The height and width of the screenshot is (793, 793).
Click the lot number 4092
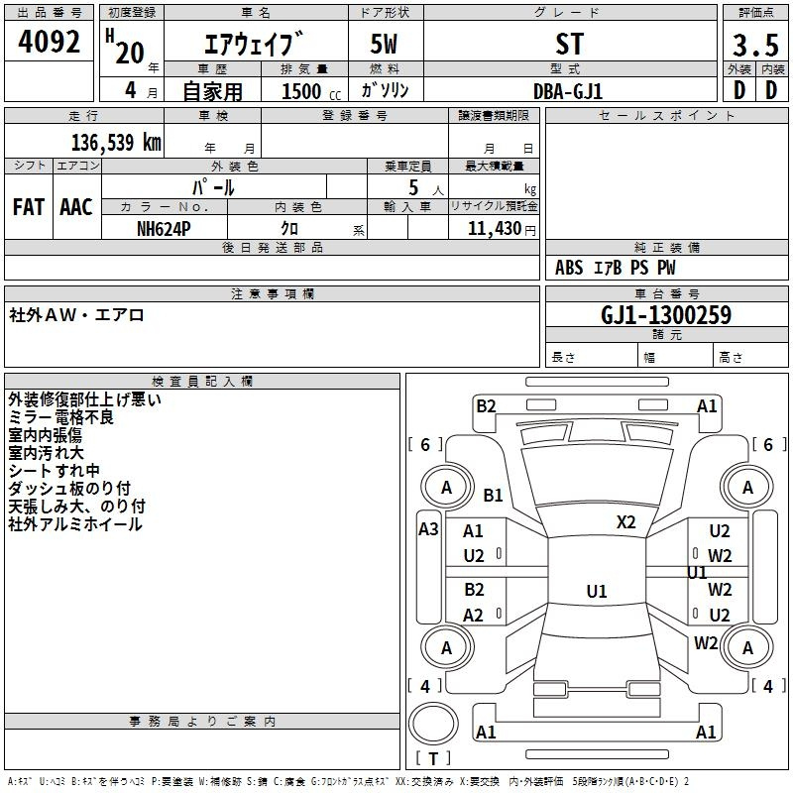(49, 42)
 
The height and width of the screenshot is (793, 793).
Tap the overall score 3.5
(755, 45)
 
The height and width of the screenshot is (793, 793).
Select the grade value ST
(569, 44)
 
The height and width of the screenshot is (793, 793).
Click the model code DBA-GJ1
(568, 91)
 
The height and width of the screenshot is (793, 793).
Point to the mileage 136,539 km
(116, 142)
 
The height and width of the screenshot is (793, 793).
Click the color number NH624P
(164, 229)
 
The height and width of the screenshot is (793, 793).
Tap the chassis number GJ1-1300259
(666, 315)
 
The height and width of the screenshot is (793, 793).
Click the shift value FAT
(29, 207)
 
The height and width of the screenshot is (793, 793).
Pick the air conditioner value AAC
(76, 207)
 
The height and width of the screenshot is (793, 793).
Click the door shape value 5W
(384, 44)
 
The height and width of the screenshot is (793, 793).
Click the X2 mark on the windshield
(626, 521)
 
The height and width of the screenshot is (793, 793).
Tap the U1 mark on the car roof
(597, 591)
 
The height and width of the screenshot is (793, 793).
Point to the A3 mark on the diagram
(428, 529)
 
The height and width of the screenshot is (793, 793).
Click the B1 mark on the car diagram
(493, 495)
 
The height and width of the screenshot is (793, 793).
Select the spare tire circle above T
(433, 723)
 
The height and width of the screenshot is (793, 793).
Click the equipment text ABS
(569, 268)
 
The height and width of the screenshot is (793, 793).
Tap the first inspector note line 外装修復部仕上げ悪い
(84, 399)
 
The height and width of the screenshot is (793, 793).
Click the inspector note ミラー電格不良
(61, 417)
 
